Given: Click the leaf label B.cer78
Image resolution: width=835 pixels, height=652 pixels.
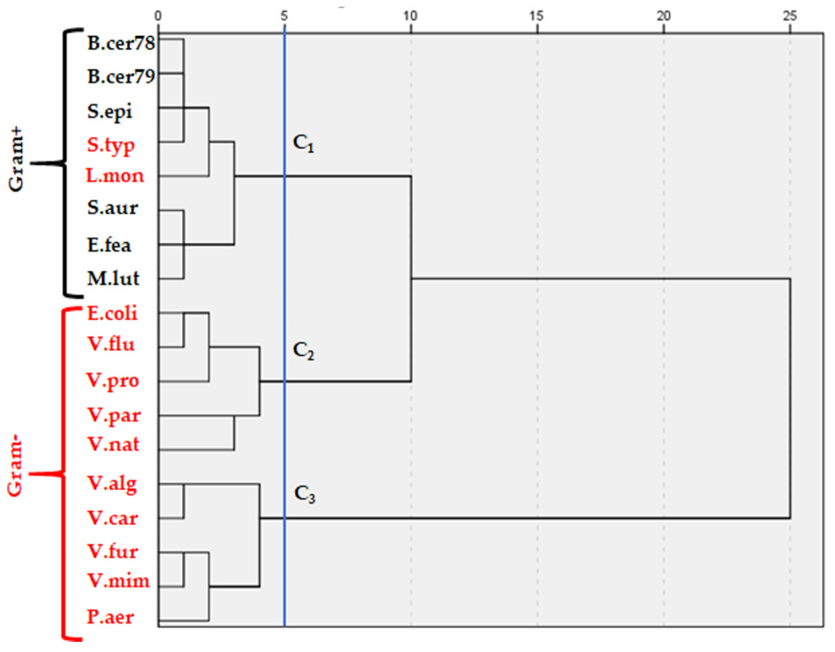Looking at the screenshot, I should click(x=121, y=43).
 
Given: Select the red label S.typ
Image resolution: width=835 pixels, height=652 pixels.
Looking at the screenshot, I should click(x=111, y=145).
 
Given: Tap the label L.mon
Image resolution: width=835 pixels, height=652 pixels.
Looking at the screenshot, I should click(x=115, y=176).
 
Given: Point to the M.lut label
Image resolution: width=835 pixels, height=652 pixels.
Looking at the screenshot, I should click(x=113, y=278).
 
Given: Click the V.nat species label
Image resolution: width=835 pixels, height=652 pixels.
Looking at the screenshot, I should click(x=113, y=445).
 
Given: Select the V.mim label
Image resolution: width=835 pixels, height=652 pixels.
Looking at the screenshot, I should click(x=118, y=581).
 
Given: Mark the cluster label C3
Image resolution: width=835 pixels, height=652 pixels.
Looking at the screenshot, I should click(x=305, y=494).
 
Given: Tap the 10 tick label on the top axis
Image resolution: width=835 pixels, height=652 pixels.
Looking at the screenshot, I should click(x=410, y=16).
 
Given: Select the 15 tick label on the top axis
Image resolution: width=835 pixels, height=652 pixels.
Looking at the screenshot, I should click(x=537, y=16).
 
